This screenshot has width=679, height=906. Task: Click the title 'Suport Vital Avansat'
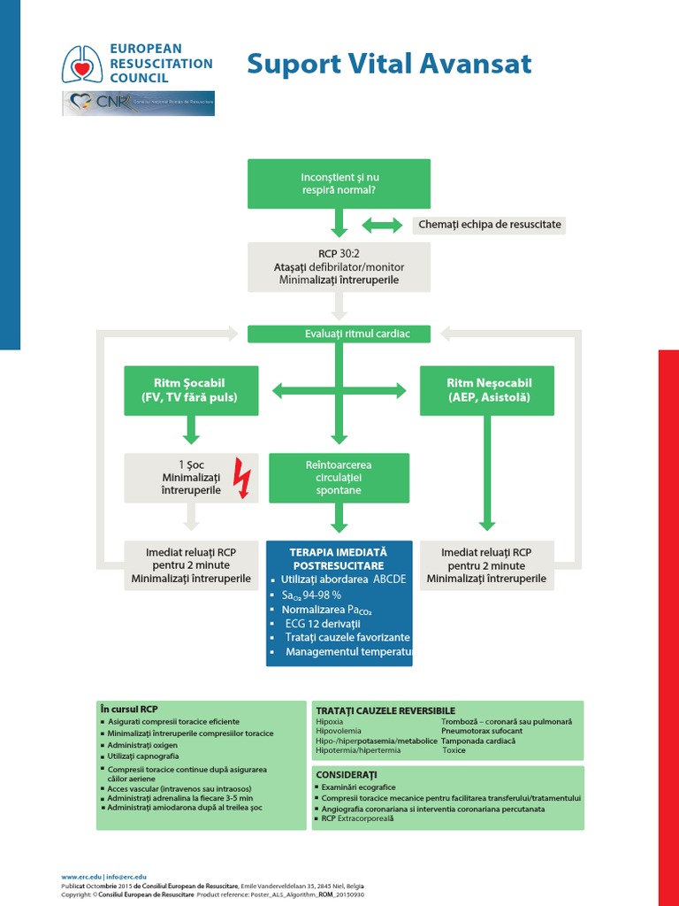point(389,65)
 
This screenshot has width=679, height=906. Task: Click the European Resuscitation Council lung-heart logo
point(81,64)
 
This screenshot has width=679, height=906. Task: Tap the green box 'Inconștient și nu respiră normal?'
point(339,184)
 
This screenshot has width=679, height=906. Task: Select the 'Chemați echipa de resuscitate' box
point(489,225)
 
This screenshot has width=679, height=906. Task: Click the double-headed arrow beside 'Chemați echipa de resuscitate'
point(382,225)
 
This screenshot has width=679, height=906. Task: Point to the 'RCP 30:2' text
point(339,252)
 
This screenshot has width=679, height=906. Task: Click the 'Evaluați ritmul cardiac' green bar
point(339,334)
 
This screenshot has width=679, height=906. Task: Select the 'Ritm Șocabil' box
point(191,390)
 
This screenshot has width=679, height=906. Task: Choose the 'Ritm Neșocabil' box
point(487,390)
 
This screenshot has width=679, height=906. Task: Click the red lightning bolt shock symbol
point(241,479)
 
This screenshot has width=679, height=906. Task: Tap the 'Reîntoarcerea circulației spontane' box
point(339,478)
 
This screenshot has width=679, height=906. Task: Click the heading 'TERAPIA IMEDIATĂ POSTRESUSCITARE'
point(339,557)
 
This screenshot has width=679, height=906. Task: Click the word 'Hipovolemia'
point(337,732)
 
